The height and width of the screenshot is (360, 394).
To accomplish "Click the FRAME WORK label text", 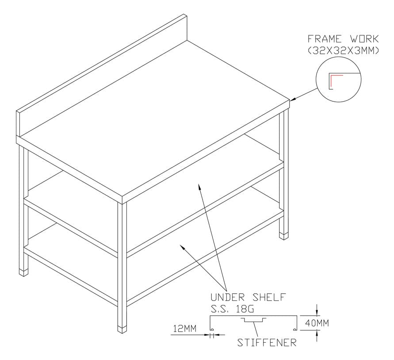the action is click(x=343, y=39).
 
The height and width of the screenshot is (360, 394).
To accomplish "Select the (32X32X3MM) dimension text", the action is click(x=343, y=50).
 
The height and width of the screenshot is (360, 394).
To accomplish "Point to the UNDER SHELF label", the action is click(x=248, y=297).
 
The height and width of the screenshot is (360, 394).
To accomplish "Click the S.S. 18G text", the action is click(x=232, y=309).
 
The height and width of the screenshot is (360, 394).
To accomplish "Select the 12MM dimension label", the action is click(x=185, y=329).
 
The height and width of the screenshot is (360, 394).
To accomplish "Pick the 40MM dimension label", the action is click(x=317, y=323).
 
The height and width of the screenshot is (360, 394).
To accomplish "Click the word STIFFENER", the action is click(x=267, y=342).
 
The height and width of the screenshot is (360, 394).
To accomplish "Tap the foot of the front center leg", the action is click(x=122, y=329).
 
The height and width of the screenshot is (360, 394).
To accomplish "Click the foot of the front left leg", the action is click(x=23, y=273).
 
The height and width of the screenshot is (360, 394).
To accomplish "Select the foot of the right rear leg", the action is click(x=284, y=237).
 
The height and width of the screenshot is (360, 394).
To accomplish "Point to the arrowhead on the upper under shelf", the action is click(x=199, y=187).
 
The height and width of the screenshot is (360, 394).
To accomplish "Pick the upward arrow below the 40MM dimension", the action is click(x=317, y=336).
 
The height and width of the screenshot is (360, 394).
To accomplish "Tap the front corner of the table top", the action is click(x=122, y=197).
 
